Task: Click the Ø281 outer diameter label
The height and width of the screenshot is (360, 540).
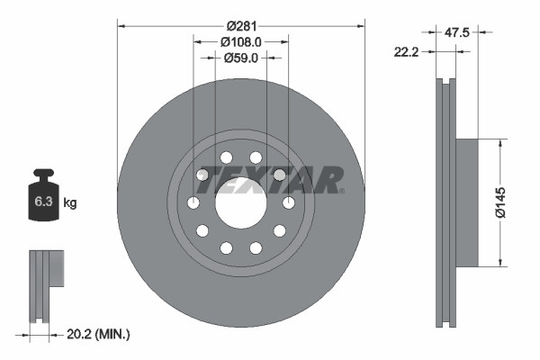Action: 240,24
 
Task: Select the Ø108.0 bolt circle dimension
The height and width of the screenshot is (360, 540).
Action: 240,40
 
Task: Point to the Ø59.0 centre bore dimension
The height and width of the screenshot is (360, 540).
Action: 240,58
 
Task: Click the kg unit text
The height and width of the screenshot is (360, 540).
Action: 70,203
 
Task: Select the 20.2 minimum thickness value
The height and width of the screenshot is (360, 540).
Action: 83,334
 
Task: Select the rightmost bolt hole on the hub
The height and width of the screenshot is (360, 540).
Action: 289,203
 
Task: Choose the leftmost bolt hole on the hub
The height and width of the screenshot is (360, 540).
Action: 193,203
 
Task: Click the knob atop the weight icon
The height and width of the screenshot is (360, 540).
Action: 43,174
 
